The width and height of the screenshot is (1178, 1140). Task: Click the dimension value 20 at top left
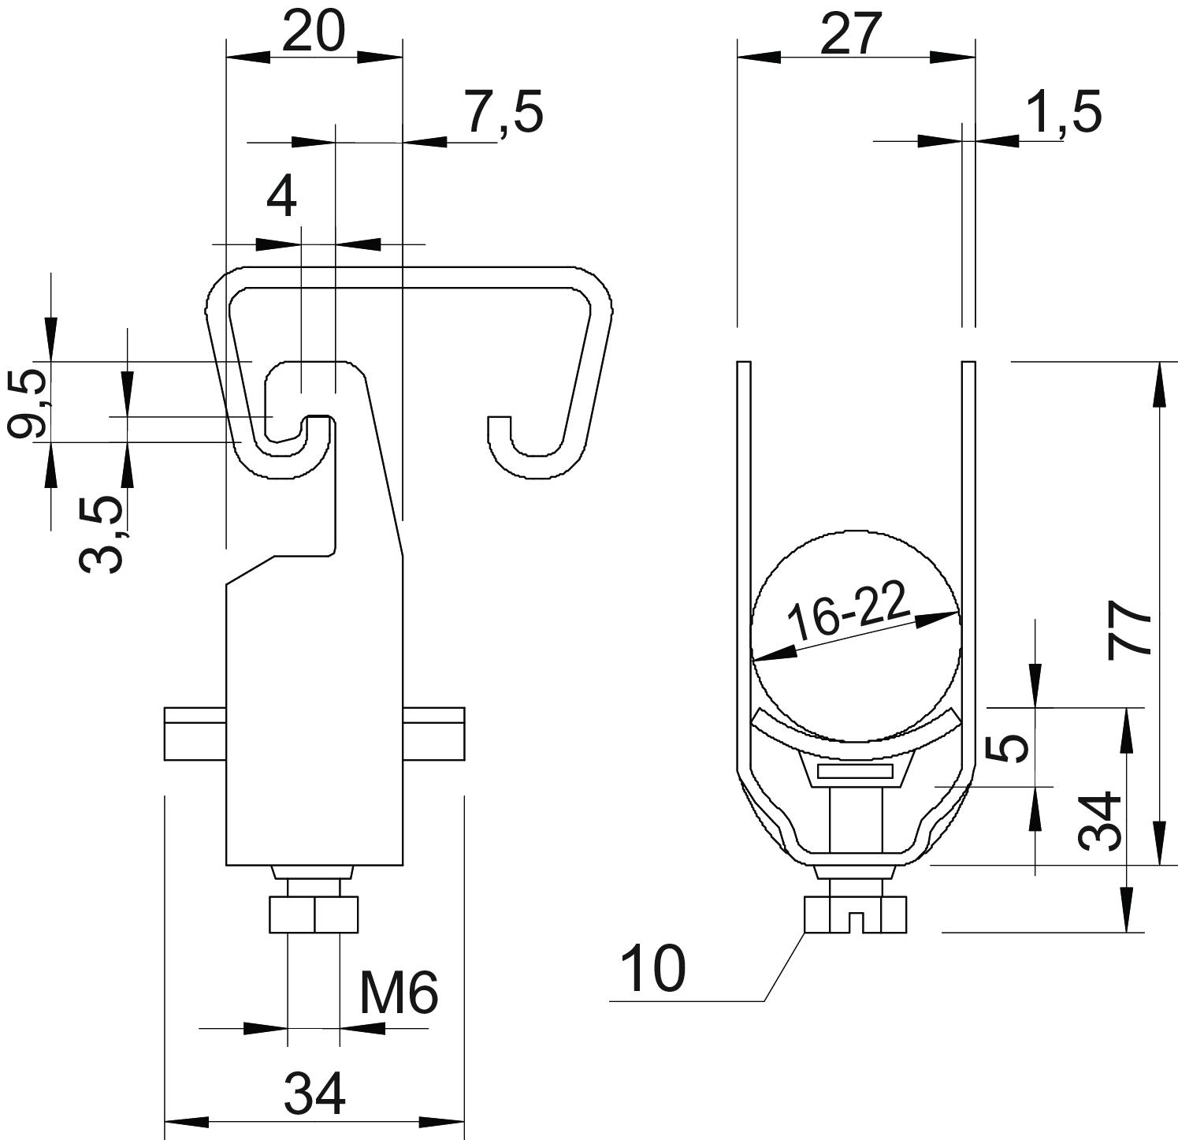tap(314, 32)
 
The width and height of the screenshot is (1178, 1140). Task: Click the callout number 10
tap(653, 970)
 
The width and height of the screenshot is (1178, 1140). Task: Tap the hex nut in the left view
tap(314, 914)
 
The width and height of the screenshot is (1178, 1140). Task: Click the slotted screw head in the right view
tap(855, 915)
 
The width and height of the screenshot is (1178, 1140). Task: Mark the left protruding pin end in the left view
tap(195, 734)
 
